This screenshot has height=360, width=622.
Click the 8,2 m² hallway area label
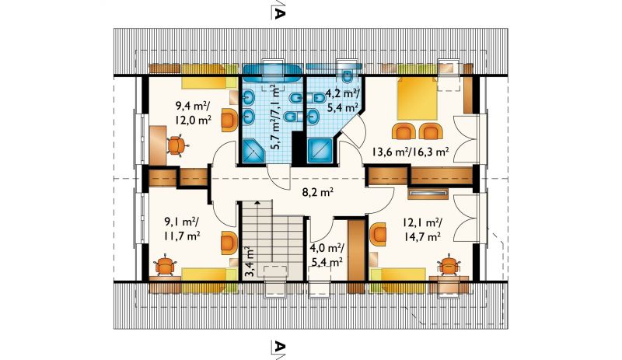(318, 193)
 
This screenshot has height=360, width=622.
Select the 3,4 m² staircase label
(250, 263)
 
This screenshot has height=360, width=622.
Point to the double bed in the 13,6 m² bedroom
(418, 98)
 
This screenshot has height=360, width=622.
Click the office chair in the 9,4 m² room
(176, 145)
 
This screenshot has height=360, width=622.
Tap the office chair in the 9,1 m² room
(165, 267)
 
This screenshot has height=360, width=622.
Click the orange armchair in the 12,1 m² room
(378, 235)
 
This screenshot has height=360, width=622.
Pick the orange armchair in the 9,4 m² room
(229, 120)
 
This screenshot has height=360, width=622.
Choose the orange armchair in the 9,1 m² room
(229, 243)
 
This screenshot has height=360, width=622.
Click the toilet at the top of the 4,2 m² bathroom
(348, 77)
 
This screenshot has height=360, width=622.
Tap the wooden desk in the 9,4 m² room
(159, 145)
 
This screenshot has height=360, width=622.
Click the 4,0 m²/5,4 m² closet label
(327, 255)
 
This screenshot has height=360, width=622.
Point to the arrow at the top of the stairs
(258, 203)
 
